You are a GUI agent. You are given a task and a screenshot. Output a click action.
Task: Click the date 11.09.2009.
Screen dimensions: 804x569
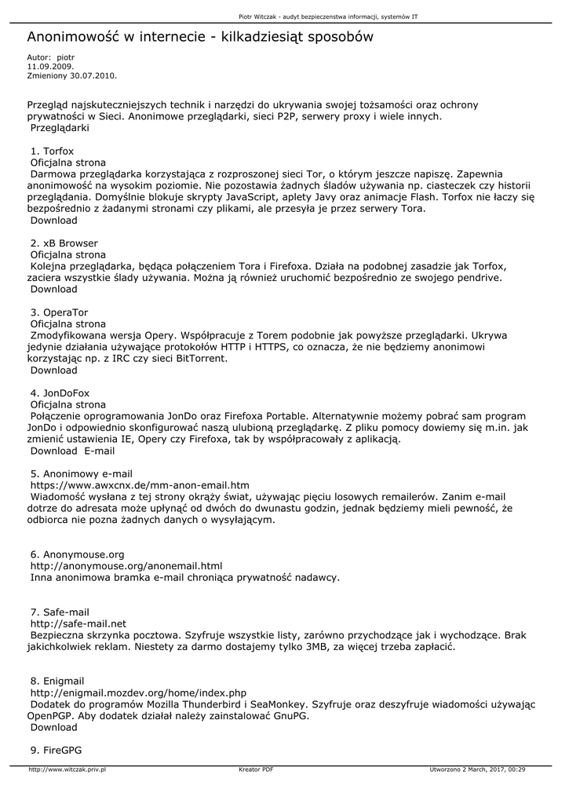[45, 67]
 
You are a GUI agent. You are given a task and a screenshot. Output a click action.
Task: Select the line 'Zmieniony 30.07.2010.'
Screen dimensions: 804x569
[71, 76]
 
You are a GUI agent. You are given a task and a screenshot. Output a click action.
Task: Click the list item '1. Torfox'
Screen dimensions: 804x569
[52, 151]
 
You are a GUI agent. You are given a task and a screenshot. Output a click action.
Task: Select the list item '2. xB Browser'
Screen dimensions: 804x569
[64, 243]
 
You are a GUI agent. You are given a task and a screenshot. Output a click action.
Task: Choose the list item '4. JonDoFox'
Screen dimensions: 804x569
[60, 393]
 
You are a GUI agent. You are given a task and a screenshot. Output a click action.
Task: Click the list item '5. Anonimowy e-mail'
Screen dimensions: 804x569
[81, 474]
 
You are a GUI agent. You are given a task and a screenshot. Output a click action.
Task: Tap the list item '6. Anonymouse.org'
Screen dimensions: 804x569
[77, 554]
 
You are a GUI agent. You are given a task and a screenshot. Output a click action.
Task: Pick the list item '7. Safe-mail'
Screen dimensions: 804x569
[60, 612]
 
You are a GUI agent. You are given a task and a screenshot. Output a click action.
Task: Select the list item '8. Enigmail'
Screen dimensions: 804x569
[57, 681]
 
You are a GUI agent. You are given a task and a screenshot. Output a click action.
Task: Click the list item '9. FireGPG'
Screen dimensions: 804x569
[56, 750]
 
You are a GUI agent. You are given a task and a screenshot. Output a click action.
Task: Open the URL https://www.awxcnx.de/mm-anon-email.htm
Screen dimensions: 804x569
[140, 486]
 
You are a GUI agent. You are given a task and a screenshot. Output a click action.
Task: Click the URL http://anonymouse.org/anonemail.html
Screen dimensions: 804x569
[126, 566]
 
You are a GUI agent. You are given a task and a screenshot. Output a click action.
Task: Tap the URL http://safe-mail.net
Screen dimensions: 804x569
[78, 623]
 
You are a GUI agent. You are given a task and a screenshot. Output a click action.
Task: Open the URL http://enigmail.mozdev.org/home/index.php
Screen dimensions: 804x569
[138, 693]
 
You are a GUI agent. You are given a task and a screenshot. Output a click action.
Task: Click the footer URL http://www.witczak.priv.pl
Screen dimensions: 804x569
[67, 770]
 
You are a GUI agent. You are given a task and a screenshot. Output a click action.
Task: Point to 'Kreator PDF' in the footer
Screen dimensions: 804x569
[256, 770]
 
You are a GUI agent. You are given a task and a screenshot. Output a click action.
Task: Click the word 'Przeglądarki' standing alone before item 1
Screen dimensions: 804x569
[60, 127]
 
